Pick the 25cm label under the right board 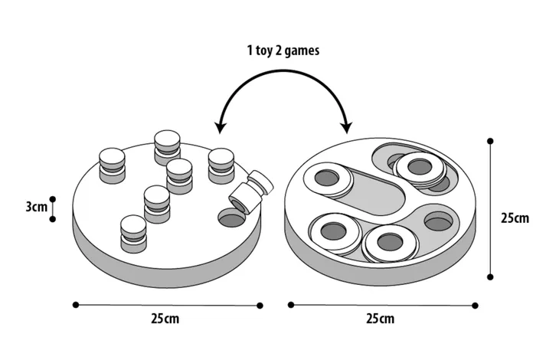[381, 318]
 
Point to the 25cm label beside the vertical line [515, 218]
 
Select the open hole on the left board [230, 218]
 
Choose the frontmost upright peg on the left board [132, 231]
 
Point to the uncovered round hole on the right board [437, 221]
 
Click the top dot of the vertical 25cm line [490, 141]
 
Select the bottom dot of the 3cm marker [53, 219]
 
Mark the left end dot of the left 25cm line [75, 305]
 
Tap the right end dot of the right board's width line [476, 305]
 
